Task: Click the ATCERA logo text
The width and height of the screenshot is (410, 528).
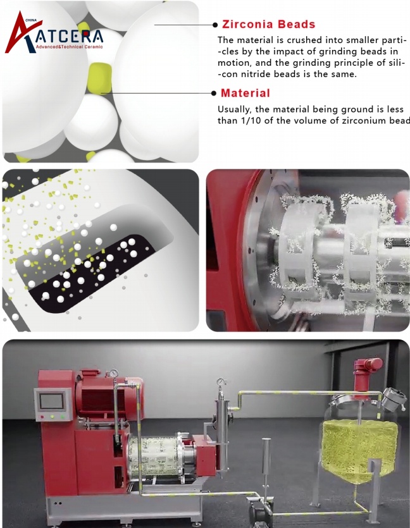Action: coord(69,37)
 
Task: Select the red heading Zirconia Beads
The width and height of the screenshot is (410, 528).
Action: coord(269,24)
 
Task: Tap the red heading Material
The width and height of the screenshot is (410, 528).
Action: coord(245,93)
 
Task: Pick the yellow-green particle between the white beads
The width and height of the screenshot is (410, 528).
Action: coord(99,78)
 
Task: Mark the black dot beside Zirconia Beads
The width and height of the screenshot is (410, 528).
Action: coord(215,25)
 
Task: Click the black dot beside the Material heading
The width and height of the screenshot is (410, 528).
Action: coord(214,94)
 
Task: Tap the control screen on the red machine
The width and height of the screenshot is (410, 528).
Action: coord(51,401)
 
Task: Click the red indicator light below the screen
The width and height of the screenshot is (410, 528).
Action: coord(42,417)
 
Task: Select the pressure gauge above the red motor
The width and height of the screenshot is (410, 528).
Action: coord(114,374)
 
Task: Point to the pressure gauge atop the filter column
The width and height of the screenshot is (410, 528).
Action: coord(221,382)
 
